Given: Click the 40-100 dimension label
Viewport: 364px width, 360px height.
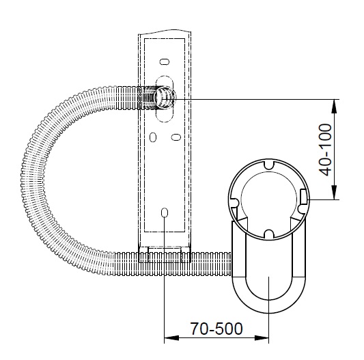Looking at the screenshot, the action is (x=325, y=150).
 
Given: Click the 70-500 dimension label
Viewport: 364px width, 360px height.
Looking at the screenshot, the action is (x=216, y=329).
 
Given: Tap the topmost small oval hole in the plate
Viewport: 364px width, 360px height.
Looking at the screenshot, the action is (x=165, y=61).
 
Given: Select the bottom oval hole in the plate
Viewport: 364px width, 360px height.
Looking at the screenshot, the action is (x=165, y=212).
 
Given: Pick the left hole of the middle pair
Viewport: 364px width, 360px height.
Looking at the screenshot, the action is (x=153, y=137).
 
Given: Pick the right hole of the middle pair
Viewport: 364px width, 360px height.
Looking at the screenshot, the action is (x=176, y=137).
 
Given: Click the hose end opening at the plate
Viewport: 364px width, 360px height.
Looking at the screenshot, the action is (x=165, y=98).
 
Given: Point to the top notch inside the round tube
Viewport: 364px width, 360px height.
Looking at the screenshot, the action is (x=269, y=164).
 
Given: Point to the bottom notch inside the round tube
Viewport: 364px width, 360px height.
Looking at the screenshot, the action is (x=269, y=234).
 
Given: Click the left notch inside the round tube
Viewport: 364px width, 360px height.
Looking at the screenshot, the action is (x=234, y=202).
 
